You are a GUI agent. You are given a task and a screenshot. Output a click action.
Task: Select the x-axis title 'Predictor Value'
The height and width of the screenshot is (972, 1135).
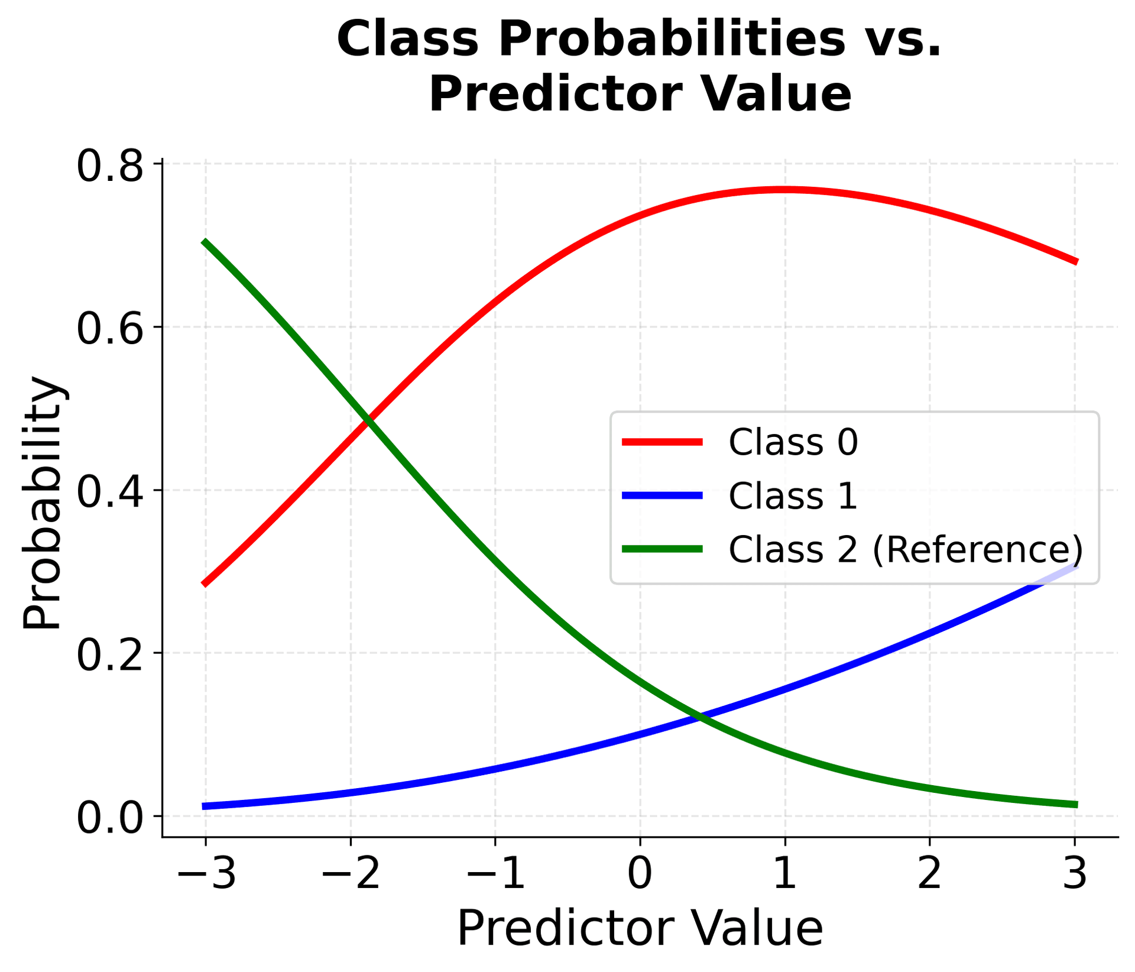[640, 929]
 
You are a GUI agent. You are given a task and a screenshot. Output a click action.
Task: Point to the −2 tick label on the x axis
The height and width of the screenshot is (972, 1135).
[351, 873]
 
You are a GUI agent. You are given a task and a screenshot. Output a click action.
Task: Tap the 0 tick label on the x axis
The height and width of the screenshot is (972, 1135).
[640, 873]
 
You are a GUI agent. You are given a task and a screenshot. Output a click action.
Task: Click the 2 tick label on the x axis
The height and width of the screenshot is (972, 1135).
[929, 873]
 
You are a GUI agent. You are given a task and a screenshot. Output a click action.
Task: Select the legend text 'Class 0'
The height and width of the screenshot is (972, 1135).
[793, 442]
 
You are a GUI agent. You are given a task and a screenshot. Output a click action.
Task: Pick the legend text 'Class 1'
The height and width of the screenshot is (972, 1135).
[793, 495]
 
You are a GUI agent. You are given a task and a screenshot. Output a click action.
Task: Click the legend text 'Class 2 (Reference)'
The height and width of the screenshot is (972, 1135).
[906, 549]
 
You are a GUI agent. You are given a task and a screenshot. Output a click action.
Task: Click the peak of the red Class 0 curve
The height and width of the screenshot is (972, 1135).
[783, 189]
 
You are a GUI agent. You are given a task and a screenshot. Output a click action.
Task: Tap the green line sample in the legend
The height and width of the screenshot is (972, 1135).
[663, 549]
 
